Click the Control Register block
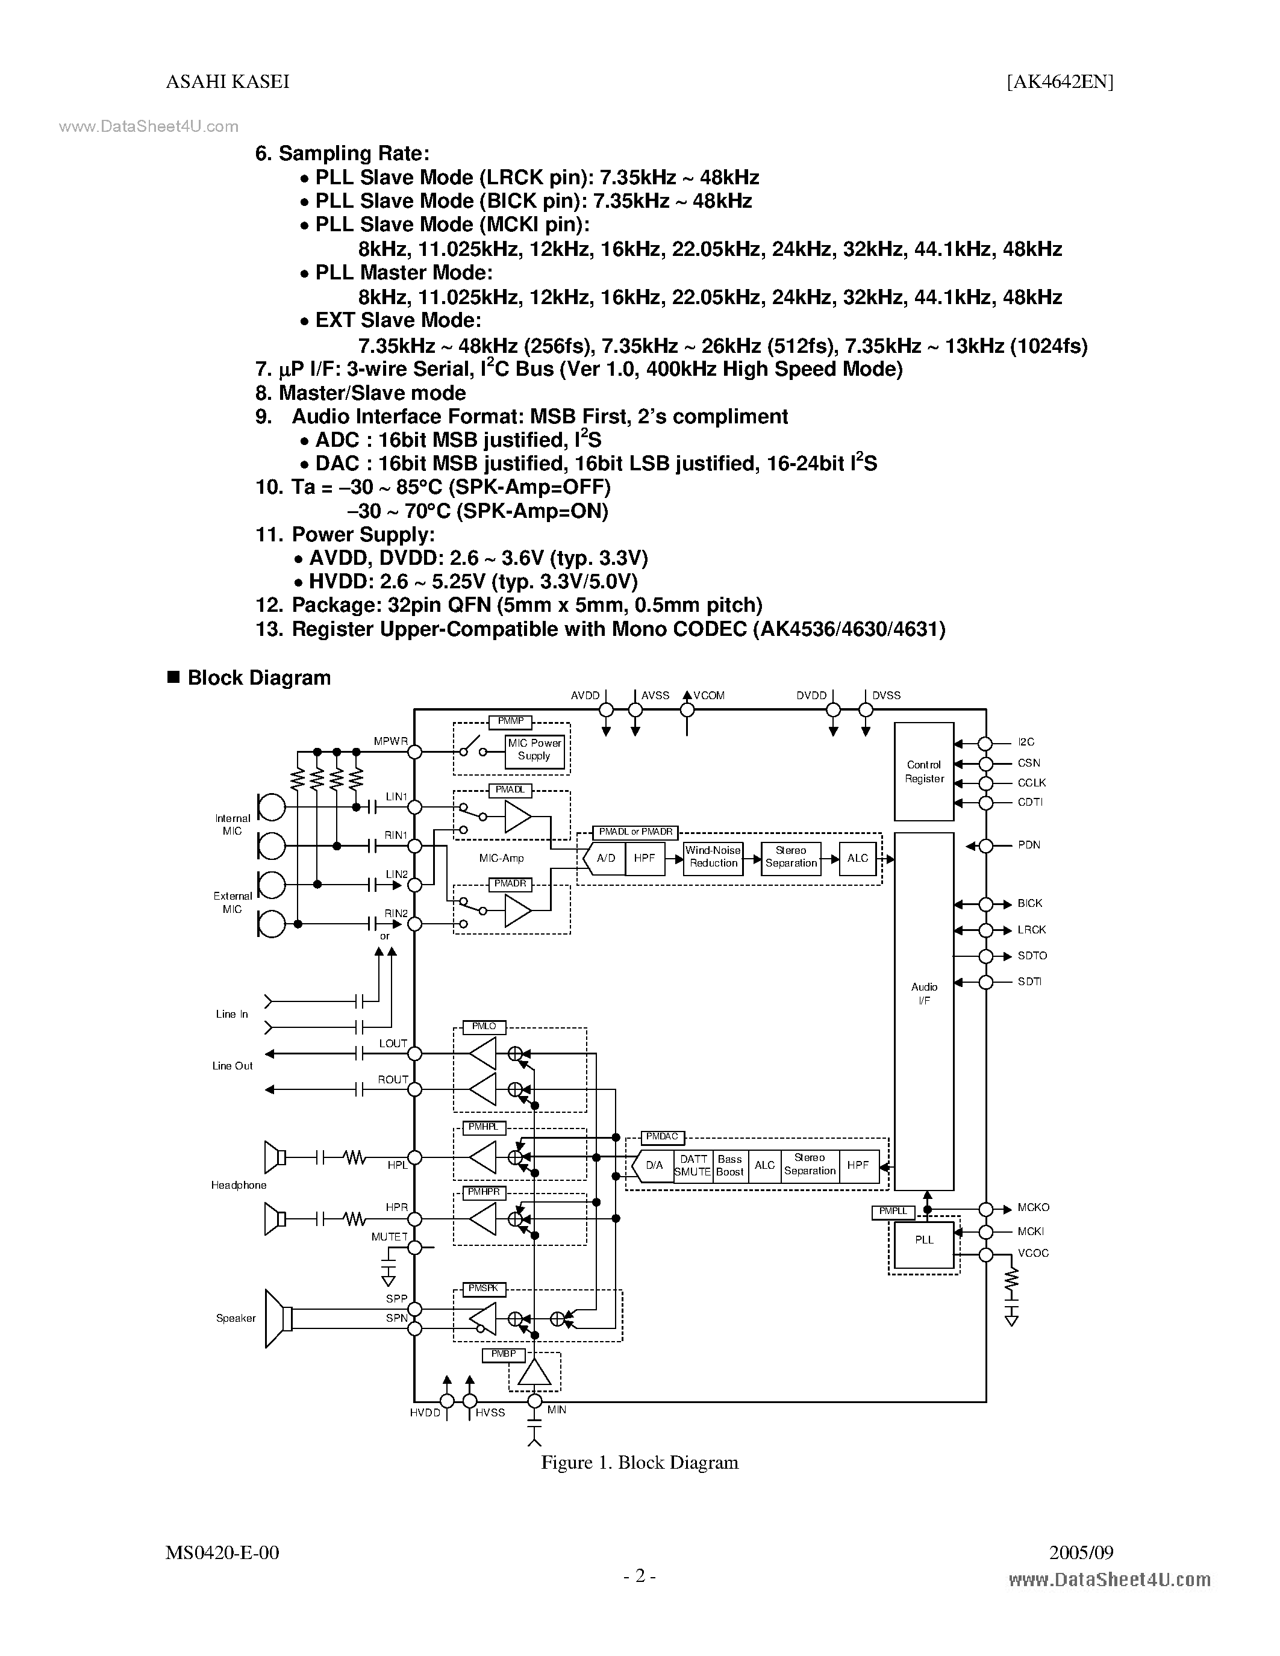(923, 771)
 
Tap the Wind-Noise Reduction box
(713, 857)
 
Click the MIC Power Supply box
(535, 750)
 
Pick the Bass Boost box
(729, 1165)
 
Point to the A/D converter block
(604, 858)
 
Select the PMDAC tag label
(662, 1136)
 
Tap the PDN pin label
(1028, 845)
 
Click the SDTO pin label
(1032, 956)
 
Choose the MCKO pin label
(1034, 1207)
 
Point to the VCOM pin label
(709, 696)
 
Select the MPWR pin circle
(415, 752)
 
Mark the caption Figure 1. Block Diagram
(639, 1463)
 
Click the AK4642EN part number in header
(1060, 82)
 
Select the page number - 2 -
(639, 1576)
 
